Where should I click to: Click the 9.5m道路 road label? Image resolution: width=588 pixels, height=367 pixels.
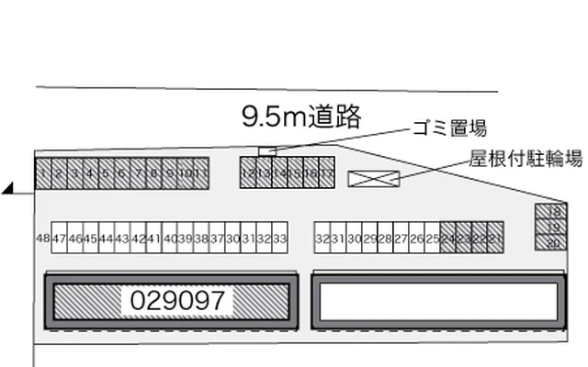pos(302,117)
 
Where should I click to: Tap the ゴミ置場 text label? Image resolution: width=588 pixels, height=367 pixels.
pos(449,128)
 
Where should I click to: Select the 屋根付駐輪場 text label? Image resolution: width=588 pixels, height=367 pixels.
pos(526,158)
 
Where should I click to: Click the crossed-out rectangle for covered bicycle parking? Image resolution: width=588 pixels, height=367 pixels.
pos(374,178)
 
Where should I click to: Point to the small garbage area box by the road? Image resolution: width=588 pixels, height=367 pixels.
pos(266,151)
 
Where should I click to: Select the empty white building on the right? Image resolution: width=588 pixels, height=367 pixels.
pos(438,300)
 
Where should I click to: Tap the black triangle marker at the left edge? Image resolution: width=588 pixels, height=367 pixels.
pos(8,189)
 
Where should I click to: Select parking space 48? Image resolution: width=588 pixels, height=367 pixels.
pos(42,238)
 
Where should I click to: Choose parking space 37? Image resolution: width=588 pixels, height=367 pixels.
pos(217,238)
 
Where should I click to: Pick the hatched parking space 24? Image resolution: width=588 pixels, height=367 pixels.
pos(448,238)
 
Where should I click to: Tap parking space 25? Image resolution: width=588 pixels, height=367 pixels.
pos(433,238)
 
